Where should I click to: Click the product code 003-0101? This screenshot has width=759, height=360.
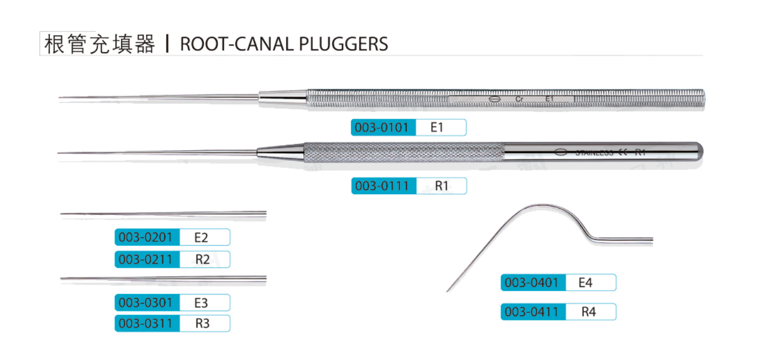[x=383, y=127]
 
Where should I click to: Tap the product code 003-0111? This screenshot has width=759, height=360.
[x=383, y=186]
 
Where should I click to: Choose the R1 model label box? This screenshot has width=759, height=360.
[x=441, y=186]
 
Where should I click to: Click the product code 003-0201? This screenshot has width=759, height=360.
[x=146, y=237]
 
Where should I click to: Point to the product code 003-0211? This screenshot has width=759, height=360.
[x=146, y=259]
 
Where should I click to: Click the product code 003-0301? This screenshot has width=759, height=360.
[x=146, y=302]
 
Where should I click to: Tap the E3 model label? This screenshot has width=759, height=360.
[x=201, y=302]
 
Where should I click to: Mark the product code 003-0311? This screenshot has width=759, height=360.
[x=146, y=324]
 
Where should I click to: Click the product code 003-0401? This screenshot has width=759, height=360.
[x=532, y=282]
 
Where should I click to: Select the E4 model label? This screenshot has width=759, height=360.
[x=586, y=282]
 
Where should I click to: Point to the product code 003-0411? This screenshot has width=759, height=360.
[x=532, y=312]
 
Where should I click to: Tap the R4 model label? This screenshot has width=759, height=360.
[x=588, y=312]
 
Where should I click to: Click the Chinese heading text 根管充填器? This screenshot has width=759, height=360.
[x=99, y=44]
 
